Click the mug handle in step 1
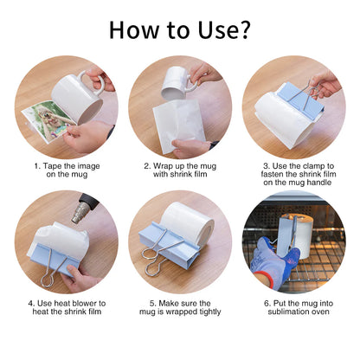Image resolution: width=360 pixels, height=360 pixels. [x=93, y=83]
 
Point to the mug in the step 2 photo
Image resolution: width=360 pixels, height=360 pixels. [x=177, y=81]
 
